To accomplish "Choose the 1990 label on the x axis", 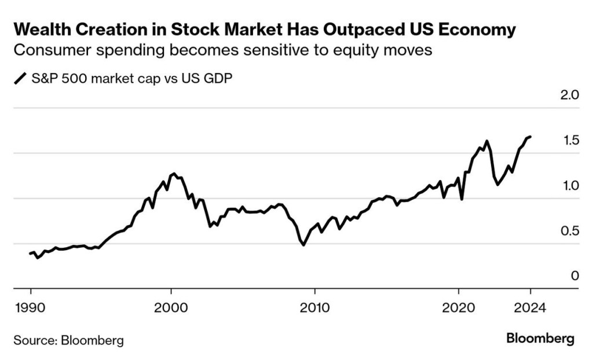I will click(31, 307).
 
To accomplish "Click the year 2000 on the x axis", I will click(171, 307).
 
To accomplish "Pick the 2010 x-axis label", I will click(314, 307).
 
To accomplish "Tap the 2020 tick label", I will click(458, 307).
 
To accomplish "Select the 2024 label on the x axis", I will click(529, 307).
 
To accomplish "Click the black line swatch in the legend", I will click(20, 79).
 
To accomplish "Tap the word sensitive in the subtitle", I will click(258, 50).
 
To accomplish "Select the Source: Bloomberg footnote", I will click(68, 340).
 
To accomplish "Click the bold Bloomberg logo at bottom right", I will click(540, 339).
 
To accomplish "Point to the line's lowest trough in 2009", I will click(303, 245).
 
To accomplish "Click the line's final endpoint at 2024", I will click(530, 137).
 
